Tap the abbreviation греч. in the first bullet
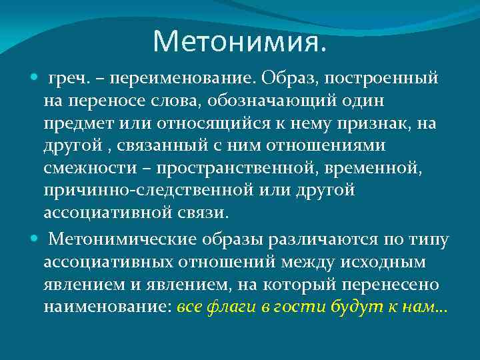click(x=67, y=79)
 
